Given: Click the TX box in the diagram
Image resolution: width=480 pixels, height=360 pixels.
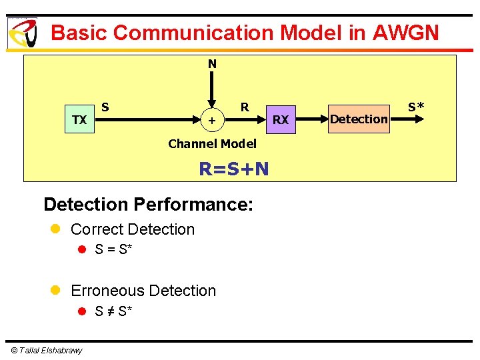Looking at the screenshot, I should pos(79,120).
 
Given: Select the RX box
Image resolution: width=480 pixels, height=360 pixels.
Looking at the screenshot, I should pos(281,120).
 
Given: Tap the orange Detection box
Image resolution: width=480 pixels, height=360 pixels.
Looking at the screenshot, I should pos(359,119).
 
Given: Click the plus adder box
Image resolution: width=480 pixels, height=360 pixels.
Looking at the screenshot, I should pos(211,121).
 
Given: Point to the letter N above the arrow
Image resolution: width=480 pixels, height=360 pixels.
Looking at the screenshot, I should pos(212,64).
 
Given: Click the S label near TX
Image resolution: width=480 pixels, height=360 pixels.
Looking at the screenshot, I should pos(105,107).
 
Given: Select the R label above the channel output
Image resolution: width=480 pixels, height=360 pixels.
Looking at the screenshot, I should pos(245,107).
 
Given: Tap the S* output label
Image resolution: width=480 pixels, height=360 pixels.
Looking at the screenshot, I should pos(416,106).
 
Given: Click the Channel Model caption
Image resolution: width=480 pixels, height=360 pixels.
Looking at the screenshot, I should pos(212,143).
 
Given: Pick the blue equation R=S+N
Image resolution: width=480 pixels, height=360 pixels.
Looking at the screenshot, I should pos(234,169).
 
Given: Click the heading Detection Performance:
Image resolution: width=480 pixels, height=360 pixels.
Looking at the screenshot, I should pos(148,203).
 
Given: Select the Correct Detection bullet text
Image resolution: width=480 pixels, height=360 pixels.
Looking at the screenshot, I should pos(133,229).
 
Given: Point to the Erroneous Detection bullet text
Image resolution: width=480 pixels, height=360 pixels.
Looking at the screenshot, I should pos(143,291).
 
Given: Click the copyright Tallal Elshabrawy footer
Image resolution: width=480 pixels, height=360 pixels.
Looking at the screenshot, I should pos(46,351).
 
